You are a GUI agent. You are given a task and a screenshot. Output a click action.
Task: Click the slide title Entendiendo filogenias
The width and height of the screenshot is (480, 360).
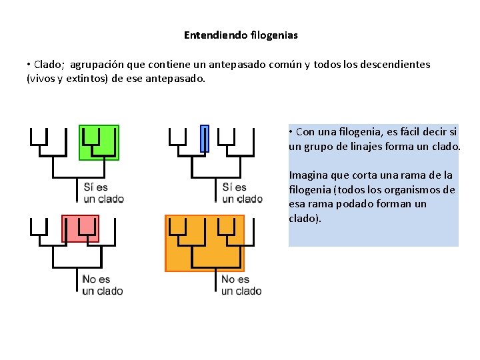(x=241, y=34)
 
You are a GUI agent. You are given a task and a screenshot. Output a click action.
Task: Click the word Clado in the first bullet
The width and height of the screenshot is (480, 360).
(x=46, y=65)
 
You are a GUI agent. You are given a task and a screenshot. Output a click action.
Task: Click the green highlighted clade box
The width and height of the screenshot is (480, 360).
(x=99, y=141)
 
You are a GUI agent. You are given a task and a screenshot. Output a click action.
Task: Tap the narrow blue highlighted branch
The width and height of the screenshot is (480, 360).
(x=205, y=138)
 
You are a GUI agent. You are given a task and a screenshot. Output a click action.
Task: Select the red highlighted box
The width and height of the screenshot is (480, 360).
(x=80, y=228)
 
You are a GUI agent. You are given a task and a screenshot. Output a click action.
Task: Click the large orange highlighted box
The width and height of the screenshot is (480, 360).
(x=205, y=243)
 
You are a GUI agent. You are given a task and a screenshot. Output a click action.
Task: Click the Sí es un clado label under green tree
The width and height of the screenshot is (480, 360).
(x=103, y=193)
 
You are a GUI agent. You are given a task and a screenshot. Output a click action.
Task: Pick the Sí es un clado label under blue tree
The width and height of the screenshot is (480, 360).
(x=242, y=193)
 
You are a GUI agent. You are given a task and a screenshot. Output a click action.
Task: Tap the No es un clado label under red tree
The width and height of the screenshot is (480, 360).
(x=103, y=285)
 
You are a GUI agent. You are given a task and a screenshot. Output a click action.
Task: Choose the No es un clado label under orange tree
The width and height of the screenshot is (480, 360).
(x=241, y=285)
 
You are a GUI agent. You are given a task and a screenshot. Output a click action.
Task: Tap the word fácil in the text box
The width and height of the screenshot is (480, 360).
(x=407, y=131)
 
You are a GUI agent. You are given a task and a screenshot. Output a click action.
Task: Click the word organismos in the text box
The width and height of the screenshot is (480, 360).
(x=415, y=190)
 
